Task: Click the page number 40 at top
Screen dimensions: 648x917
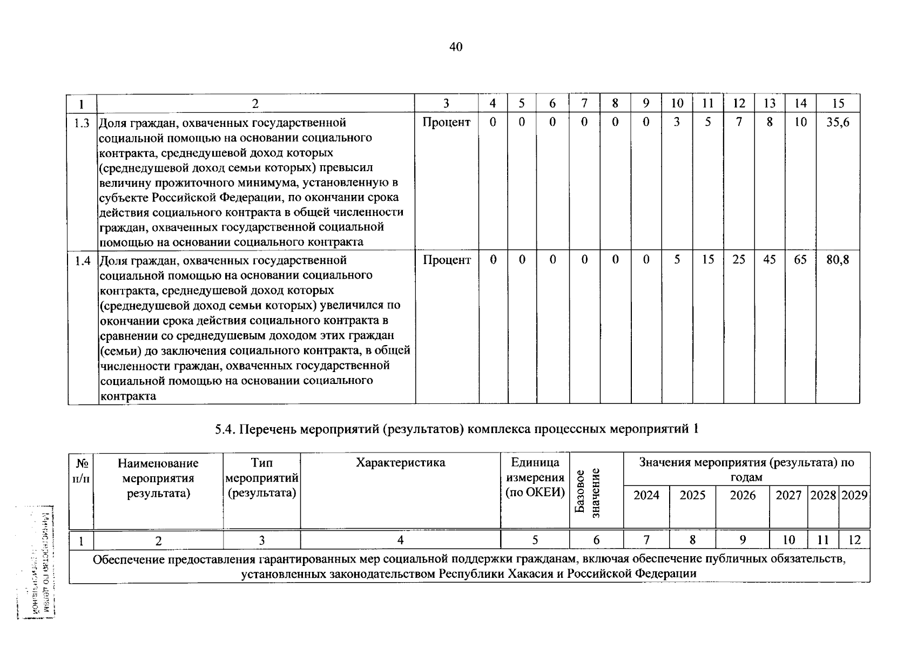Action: click(455, 48)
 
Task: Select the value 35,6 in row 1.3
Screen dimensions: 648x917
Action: click(838, 123)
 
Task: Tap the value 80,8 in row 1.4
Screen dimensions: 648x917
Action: click(838, 260)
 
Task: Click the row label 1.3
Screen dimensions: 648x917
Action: click(82, 123)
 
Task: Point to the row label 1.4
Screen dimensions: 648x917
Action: click(82, 260)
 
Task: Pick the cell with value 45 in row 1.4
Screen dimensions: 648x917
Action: click(769, 260)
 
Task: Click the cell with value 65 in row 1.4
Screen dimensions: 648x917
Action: click(800, 260)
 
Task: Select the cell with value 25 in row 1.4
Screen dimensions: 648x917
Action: click(738, 260)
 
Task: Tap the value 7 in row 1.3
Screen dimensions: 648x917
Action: click(738, 123)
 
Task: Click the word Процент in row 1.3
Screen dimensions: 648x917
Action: click(447, 123)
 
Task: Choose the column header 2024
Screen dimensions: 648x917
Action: click(646, 496)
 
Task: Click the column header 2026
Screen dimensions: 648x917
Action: click(743, 496)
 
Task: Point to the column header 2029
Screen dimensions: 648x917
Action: click(854, 496)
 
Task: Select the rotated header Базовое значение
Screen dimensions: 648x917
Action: click(588, 492)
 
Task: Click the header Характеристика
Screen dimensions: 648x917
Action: click(400, 463)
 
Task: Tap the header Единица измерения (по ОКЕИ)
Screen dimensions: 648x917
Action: click(535, 477)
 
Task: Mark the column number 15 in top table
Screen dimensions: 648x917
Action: click(838, 104)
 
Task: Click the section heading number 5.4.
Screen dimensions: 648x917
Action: click(224, 430)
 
